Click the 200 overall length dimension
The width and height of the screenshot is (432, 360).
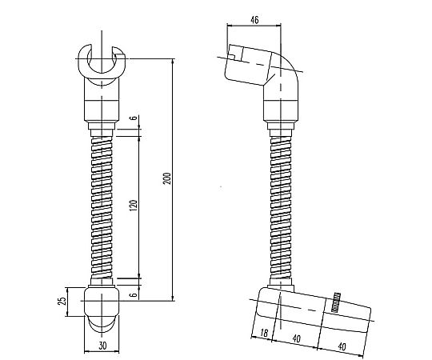[168, 178]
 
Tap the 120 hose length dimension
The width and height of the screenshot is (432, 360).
[134, 206]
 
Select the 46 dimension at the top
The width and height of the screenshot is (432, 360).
[254, 20]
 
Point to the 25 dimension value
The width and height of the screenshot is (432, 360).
[63, 301]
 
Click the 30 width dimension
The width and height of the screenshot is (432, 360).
[102, 346]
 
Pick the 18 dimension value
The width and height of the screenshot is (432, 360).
[264, 333]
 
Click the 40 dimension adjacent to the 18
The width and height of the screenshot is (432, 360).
[297, 338]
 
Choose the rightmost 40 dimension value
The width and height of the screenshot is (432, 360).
[342, 346]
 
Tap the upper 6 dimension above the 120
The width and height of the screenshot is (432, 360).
[134, 118]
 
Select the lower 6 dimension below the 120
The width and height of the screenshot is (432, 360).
[134, 294]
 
